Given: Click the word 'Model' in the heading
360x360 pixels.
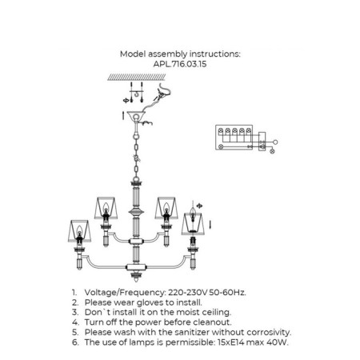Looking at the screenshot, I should pyautogui.click(x=134, y=54).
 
